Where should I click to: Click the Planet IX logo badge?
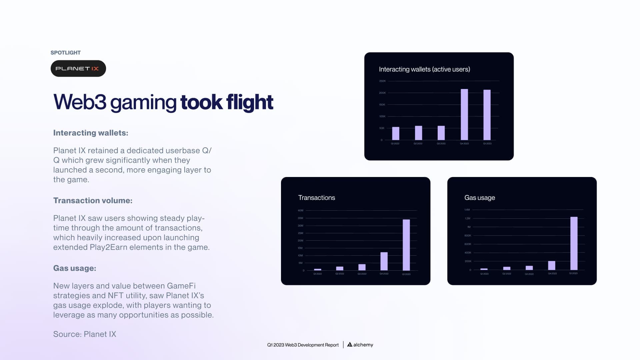point(78,69)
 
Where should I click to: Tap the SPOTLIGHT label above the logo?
point(65,53)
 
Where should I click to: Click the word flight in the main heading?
point(250,102)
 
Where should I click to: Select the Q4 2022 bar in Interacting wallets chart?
point(464,114)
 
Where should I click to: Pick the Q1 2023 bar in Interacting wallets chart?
point(487,115)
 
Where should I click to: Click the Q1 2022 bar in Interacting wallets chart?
point(395,133)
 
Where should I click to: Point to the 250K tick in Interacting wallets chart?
point(382,81)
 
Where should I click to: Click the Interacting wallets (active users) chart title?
point(424,69)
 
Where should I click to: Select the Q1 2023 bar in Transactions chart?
point(406,245)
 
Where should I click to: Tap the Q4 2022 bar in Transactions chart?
point(384,261)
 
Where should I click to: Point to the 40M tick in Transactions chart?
point(300,210)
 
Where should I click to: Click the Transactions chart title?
point(316,198)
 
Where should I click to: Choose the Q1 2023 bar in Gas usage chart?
point(573,243)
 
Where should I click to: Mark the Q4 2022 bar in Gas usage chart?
point(551,265)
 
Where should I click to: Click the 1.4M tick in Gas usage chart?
point(467,210)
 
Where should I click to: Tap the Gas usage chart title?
point(479,198)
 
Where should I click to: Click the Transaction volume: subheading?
point(93,200)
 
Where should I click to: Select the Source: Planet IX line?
point(85,334)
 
